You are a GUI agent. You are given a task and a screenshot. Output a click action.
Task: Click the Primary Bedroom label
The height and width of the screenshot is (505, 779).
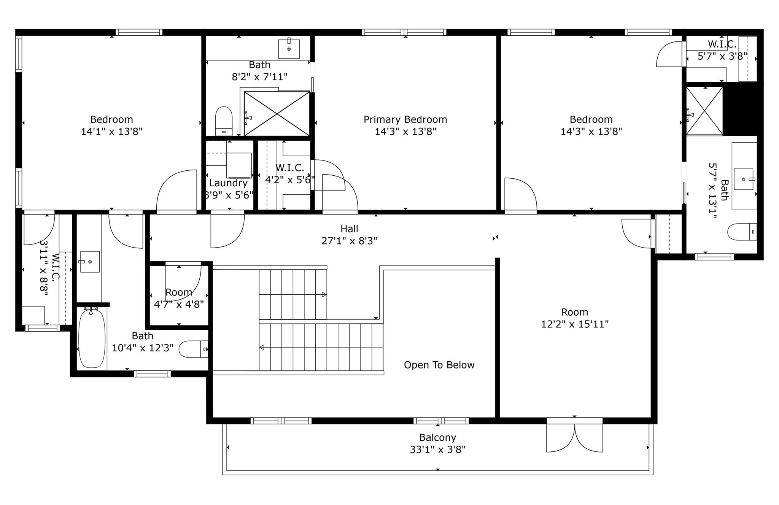pyautogui.click(x=405, y=119)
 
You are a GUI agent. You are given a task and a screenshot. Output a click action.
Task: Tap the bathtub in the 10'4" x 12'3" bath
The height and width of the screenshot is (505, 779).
pyautogui.click(x=91, y=339)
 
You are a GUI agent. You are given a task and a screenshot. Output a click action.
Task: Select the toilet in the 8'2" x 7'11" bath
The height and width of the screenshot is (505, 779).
pyautogui.click(x=224, y=121)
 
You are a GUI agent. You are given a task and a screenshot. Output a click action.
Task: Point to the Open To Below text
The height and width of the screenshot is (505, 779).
pyautogui.click(x=439, y=365)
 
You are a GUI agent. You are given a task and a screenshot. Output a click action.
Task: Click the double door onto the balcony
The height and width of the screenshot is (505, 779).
pyautogui.click(x=574, y=437)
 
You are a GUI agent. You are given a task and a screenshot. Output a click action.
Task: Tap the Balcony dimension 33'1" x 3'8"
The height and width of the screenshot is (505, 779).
pyautogui.click(x=437, y=449)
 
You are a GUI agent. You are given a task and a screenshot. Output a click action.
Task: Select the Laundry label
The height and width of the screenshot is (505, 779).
pyautogui.click(x=228, y=183)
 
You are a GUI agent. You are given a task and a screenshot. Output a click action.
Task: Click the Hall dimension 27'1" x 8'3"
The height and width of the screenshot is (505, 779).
pyautogui.click(x=349, y=241)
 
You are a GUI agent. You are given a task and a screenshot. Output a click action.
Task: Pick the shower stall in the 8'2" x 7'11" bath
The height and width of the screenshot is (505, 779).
pyautogui.click(x=277, y=113)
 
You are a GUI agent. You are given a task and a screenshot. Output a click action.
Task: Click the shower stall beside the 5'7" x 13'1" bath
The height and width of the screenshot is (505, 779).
pyautogui.click(x=704, y=111)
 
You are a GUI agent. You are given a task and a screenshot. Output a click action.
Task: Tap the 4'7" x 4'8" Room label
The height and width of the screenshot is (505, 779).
pyautogui.click(x=179, y=292)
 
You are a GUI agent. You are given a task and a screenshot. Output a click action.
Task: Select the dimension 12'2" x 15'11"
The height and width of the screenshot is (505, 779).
pyautogui.click(x=575, y=324)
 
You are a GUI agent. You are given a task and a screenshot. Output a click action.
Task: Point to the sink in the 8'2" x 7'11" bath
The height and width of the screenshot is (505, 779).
pyautogui.click(x=289, y=49)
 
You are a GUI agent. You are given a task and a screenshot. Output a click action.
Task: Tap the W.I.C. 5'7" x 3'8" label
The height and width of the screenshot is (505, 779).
pyautogui.click(x=722, y=44)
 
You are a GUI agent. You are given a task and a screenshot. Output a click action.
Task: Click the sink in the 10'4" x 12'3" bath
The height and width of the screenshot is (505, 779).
pyautogui.click(x=89, y=262)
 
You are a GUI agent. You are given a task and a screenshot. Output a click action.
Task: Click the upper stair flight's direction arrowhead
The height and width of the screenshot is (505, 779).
pyautogui.click(x=324, y=294)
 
